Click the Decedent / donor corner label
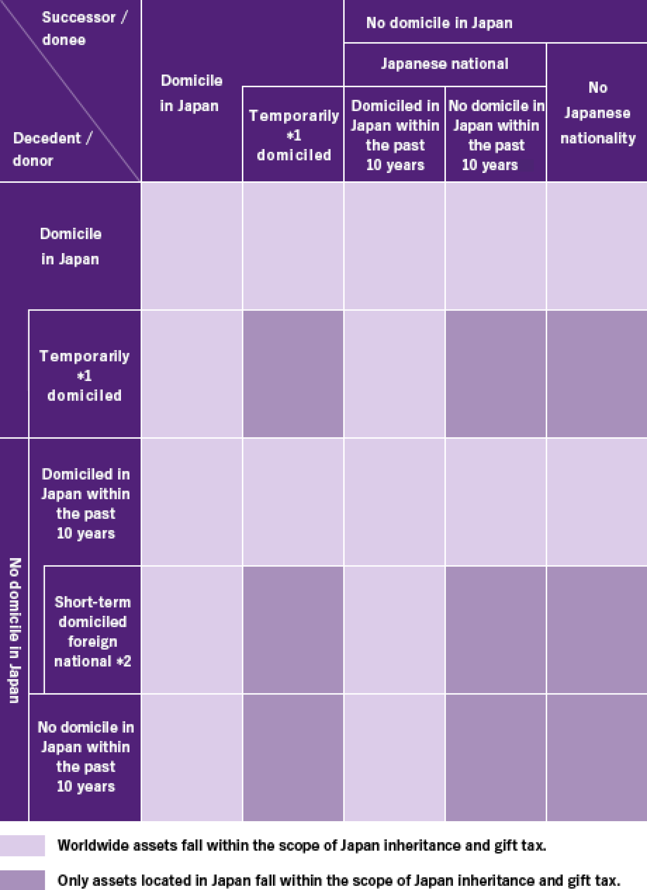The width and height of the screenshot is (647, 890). (x=52, y=149)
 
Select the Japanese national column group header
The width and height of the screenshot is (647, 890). (x=444, y=64)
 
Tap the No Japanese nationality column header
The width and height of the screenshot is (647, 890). (x=598, y=113)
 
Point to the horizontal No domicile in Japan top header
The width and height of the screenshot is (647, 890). (x=439, y=23)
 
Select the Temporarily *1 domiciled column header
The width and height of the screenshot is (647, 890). (x=294, y=135)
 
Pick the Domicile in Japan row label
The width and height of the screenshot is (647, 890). (x=71, y=246)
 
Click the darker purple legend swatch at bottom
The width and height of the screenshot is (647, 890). (x=22, y=880)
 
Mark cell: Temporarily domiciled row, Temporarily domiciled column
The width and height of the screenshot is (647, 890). (x=293, y=374)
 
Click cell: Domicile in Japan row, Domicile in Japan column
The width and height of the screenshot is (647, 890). (x=192, y=246)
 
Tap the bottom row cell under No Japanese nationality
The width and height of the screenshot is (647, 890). (x=597, y=757)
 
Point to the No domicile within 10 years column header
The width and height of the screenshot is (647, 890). (x=496, y=135)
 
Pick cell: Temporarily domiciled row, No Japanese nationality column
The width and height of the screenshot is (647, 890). (x=597, y=374)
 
